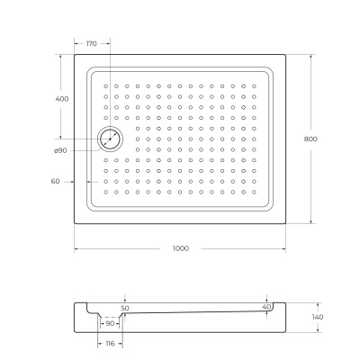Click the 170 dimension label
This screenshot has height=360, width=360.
tap(92, 44)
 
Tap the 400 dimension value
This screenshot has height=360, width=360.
tap(62, 99)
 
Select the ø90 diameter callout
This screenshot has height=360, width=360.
tap(60, 150)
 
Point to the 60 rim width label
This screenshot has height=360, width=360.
tap(56, 181)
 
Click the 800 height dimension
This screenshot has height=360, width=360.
tap(310, 139)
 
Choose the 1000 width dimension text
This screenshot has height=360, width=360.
tap(181, 248)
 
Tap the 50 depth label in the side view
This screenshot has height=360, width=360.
tap(125, 308)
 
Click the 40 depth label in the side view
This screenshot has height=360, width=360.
tap(266, 307)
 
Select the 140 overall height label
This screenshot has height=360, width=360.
tap(318, 317)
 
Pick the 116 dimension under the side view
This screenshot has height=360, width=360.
tap(111, 344)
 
